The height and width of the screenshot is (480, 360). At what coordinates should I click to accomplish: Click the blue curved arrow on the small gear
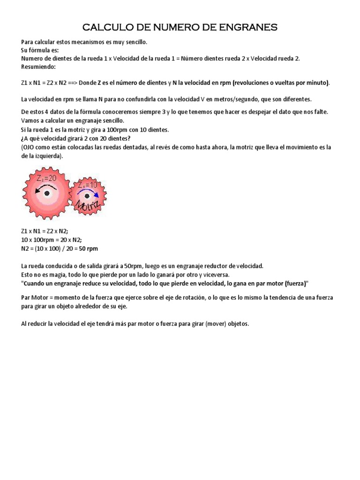click(87, 192)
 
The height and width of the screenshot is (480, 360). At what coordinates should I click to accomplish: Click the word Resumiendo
click(39, 67)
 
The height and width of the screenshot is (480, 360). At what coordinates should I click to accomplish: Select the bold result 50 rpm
click(89, 248)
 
